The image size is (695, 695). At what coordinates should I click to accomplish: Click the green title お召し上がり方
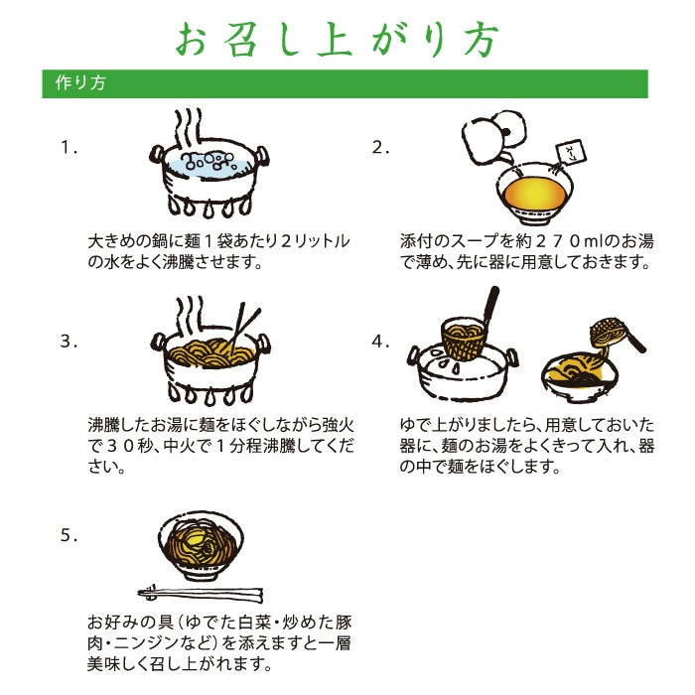tap(338, 39)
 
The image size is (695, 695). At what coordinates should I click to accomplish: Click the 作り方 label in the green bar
tap(80, 82)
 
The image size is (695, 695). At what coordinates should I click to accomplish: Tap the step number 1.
tap(69, 147)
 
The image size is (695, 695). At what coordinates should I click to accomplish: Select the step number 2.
tap(380, 147)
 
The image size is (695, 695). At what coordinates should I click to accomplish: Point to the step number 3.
tap(69, 342)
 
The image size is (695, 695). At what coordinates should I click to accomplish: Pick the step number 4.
tap(380, 342)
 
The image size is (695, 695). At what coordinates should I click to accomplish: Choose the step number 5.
tap(69, 535)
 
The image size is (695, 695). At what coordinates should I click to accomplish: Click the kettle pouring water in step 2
tap(492, 138)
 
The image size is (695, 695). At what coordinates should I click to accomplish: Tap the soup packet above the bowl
tap(571, 152)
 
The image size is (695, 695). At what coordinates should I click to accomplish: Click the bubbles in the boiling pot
tap(208, 161)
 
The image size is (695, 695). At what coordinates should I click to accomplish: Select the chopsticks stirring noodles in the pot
tap(244, 327)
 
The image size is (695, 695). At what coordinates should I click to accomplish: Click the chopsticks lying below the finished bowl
tap(201, 593)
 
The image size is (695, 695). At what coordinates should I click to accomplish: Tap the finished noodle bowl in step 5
tap(201, 546)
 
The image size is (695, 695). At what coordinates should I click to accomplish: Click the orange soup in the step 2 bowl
tap(535, 194)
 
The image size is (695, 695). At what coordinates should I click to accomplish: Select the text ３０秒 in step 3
tap(128, 446)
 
